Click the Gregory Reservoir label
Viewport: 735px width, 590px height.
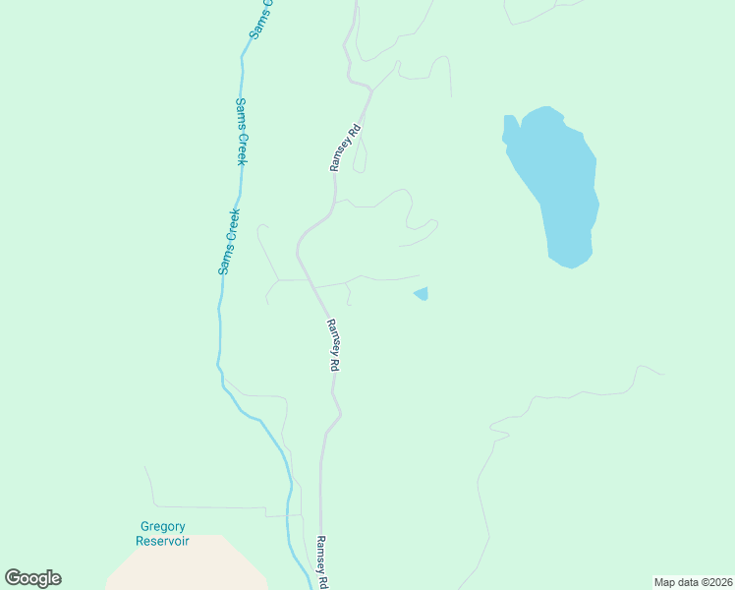click(162, 534)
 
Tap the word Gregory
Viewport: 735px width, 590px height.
click(162, 527)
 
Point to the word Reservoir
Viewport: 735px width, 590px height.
click(162, 541)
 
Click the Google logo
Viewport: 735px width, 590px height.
click(32, 578)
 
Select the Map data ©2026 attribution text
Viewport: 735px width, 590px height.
click(693, 582)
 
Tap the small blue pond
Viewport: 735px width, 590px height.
click(422, 293)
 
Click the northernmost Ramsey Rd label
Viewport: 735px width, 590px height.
click(346, 147)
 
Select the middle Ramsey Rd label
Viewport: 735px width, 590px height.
click(333, 344)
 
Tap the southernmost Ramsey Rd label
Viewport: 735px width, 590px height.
click(320, 561)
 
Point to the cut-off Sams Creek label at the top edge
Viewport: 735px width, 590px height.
click(260, 19)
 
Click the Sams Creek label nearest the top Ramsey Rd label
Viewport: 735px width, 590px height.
click(241, 131)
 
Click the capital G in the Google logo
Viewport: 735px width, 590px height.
click(14, 578)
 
